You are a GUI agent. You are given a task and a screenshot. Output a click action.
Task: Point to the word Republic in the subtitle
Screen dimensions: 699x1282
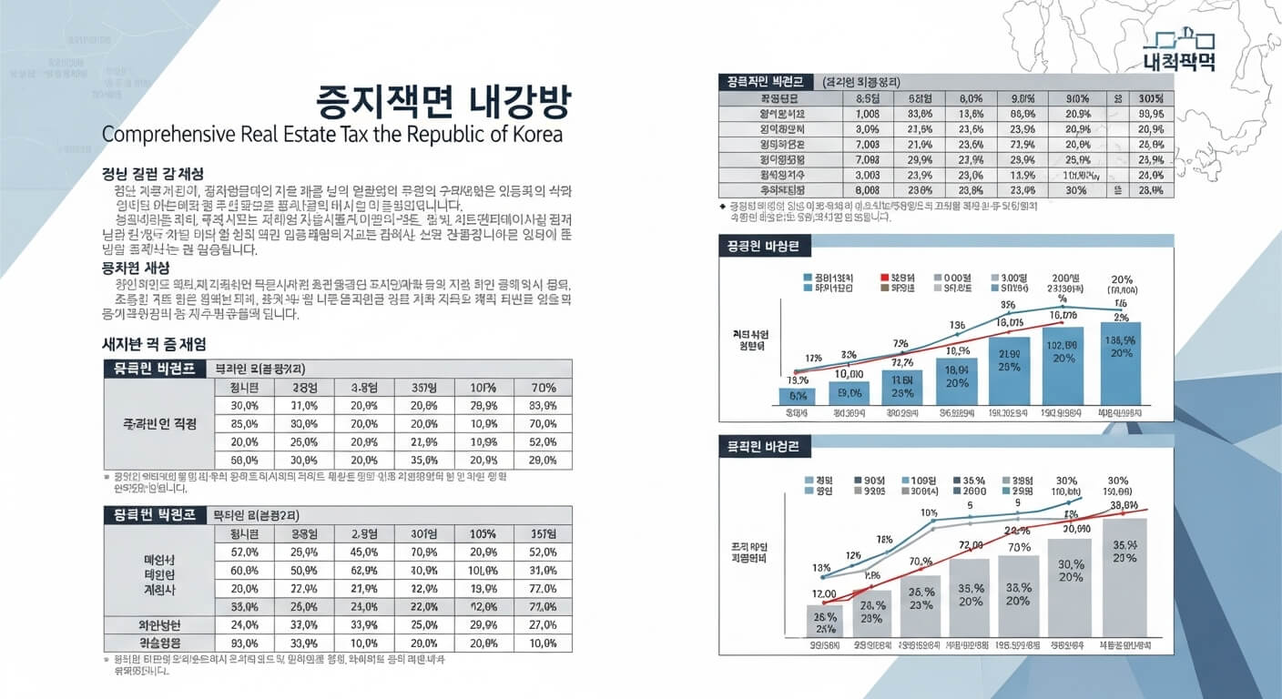click(x=436, y=135)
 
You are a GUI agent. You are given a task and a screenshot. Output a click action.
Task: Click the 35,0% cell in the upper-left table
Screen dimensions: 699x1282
click(x=424, y=461)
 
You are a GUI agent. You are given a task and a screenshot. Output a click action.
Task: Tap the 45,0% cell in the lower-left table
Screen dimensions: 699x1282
click(x=363, y=552)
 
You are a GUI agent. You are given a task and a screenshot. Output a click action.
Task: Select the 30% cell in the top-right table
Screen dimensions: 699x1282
click(x=1075, y=190)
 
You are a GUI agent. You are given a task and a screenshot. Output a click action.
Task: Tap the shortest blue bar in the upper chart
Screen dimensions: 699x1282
click(x=797, y=396)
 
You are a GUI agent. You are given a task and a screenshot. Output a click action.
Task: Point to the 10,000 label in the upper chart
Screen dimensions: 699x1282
click(x=848, y=373)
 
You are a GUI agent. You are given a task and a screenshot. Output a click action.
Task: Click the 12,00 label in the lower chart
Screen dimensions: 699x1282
click(x=824, y=593)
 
